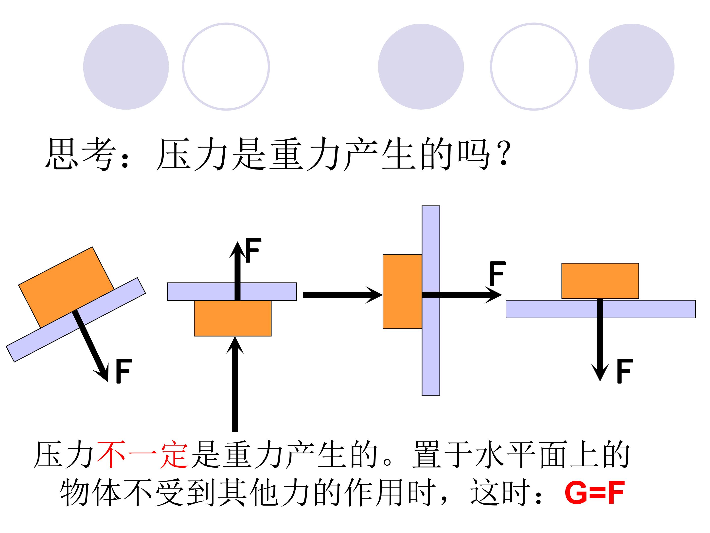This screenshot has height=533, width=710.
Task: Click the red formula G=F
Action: pyautogui.click(x=594, y=493)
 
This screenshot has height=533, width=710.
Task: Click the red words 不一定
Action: pyautogui.click(x=142, y=454)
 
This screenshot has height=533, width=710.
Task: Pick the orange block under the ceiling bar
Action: pyautogui.click(x=233, y=318)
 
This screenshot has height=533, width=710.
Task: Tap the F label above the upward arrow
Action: pyautogui.click(x=253, y=250)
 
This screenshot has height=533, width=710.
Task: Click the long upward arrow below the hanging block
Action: pyautogui.click(x=235, y=384)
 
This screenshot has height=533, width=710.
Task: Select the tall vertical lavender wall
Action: pyautogui.click(x=431, y=300)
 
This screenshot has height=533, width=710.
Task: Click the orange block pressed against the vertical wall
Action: pyautogui.click(x=402, y=292)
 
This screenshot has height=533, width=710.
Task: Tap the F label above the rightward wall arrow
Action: pyautogui.click(x=497, y=273)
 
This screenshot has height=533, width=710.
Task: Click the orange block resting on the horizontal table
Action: pyautogui.click(x=600, y=281)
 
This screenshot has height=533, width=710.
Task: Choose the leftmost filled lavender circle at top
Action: pyautogui.click(x=126, y=67)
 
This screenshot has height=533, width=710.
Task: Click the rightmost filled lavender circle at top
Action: pyautogui.click(x=631, y=67)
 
